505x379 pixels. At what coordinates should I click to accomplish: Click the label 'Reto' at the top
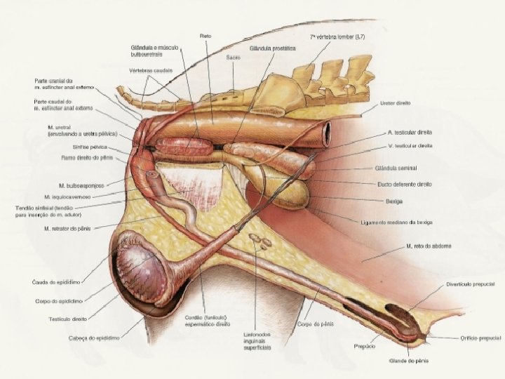tap(206, 35)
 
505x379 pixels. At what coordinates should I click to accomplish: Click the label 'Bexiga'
tap(393, 200)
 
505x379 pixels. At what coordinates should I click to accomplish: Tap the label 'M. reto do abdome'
tap(428, 246)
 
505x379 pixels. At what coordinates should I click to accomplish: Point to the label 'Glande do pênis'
tap(408, 361)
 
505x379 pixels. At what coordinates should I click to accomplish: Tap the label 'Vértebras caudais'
tap(151, 70)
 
